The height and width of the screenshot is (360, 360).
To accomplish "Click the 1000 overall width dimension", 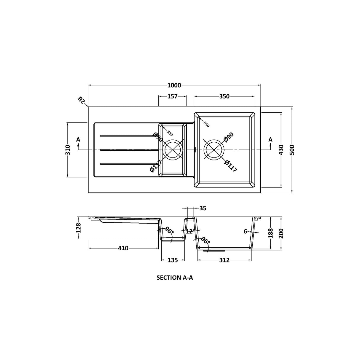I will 174,85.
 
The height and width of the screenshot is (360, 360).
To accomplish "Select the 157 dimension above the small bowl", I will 172,96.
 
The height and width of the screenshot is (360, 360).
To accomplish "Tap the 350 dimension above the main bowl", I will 224,96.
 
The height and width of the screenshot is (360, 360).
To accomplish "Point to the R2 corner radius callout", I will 81,100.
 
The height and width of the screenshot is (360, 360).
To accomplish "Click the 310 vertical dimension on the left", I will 68,150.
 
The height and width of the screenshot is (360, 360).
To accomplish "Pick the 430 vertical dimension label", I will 281,150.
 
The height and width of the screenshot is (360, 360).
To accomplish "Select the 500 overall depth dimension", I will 293,150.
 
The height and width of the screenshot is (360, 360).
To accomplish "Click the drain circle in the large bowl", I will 214,150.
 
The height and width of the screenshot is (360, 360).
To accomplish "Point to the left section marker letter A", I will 78,139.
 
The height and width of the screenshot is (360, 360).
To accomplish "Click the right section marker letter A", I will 270,139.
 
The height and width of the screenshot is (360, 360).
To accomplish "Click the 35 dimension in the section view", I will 203,208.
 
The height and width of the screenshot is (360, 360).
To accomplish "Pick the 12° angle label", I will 190,231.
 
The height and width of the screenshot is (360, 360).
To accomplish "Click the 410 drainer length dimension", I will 123,248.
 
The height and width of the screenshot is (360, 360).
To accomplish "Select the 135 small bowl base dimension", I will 173,260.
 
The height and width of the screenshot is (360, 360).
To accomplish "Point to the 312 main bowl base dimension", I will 224,260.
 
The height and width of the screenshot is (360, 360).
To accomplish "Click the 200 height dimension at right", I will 281,233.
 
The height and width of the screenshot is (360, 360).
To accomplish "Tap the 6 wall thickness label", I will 245,231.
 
